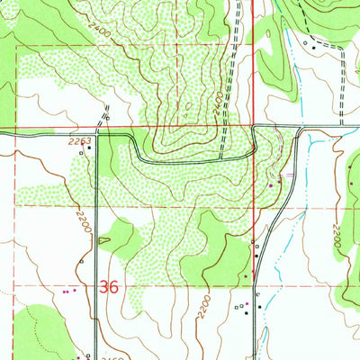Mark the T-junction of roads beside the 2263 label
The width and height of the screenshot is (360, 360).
coord(98,135)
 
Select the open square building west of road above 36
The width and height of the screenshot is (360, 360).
coord(81,261)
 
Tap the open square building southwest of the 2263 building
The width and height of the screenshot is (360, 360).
coord(80,153)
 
